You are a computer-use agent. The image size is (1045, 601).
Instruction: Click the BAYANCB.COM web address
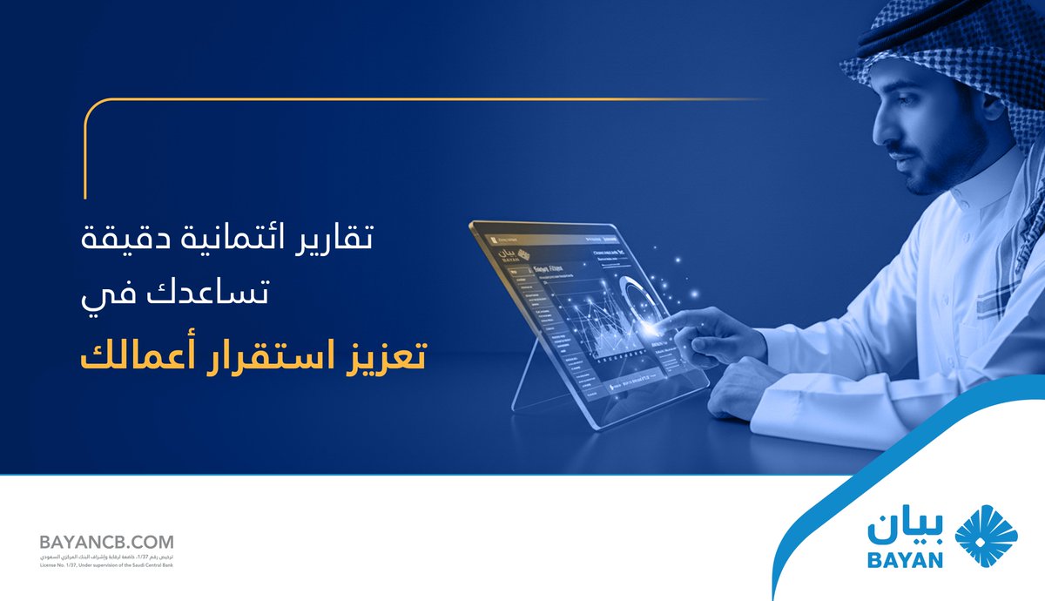click(106, 542)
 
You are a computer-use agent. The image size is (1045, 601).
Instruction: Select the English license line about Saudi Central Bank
click(106, 564)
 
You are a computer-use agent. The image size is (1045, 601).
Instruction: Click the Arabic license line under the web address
click(106, 556)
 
